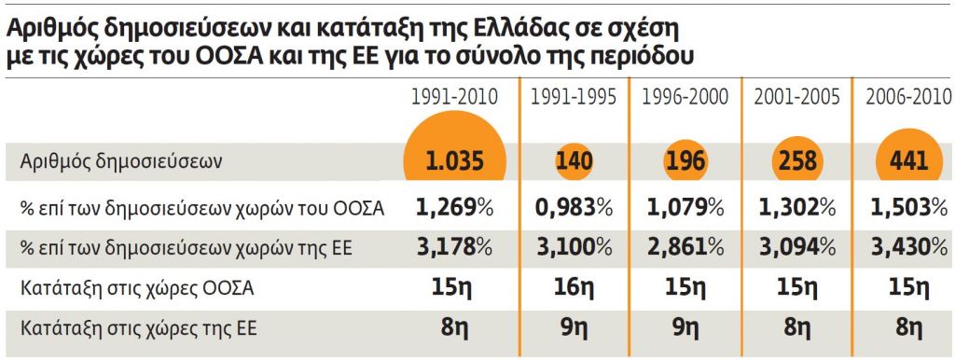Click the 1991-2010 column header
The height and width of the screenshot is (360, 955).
(455, 97)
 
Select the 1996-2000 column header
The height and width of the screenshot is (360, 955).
(685, 97)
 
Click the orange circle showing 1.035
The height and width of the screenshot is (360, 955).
(455, 160)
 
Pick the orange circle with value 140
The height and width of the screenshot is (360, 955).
(574, 161)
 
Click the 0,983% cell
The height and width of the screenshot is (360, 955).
(573, 206)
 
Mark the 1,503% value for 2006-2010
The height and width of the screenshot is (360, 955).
(907, 206)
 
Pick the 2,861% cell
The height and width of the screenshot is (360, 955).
(685, 247)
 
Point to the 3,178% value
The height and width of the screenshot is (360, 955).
(455, 247)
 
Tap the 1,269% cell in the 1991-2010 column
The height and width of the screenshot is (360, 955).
(455, 206)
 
